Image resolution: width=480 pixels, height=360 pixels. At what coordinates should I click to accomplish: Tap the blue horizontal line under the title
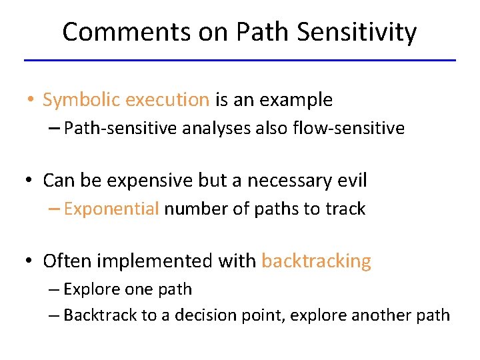click(x=239, y=61)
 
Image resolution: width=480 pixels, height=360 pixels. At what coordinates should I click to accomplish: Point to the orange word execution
click(x=167, y=100)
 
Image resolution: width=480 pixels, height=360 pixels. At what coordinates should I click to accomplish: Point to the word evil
click(x=351, y=180)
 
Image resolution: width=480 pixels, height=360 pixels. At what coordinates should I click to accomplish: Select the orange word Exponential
click(x=111, y=209)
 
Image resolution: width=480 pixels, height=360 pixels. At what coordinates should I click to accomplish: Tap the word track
click(x=345, y=209)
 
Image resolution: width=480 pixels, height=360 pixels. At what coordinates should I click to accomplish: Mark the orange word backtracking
click(x=316, y=261)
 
